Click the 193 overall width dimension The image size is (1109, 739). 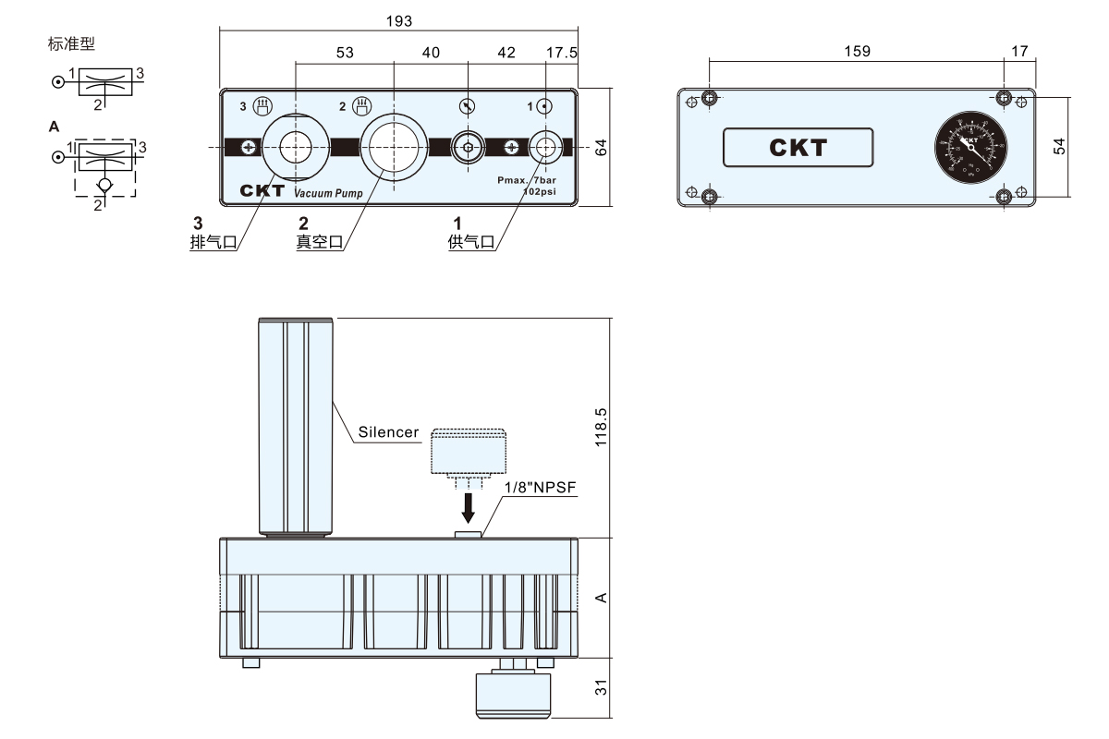(401, 20)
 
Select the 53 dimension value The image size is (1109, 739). (344, 54)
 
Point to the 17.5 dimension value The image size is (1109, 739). (561, 54)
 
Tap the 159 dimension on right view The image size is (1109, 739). (857, 52)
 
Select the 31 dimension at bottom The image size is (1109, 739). (602, 687)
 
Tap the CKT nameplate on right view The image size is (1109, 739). (798, 147)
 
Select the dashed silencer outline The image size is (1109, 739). (469, 450)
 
